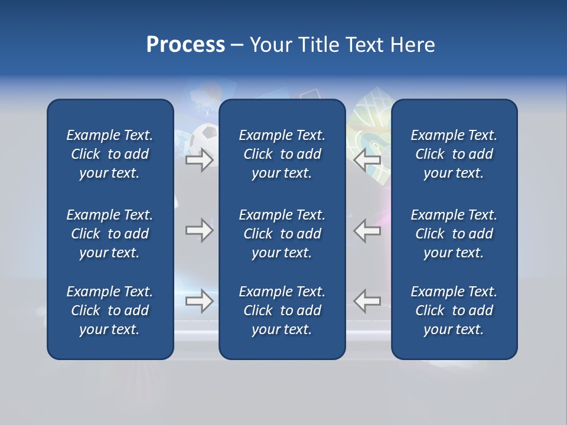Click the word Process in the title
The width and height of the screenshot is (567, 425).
click(185, 45)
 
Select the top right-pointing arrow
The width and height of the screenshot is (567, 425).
click(199, 160)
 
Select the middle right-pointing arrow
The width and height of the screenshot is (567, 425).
click(199, 230)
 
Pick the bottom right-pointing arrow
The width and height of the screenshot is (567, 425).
click(199, 301)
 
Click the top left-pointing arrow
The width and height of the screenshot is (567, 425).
click(367, 160)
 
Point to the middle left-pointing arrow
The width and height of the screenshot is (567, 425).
click(367, 230)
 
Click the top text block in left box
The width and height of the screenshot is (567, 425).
click(110, 154)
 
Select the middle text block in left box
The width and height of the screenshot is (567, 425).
click(110, 234)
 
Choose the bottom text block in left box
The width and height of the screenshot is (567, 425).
click(110, 310)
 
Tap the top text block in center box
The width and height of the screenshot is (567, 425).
click(282, 154)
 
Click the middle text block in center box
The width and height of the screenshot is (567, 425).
click(282, 234)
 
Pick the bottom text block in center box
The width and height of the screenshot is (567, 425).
click(282, 310)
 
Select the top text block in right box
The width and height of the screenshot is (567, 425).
click(454, 154)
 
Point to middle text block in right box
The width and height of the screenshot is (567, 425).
click(454, 234)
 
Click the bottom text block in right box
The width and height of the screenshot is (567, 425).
click(454, 310)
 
